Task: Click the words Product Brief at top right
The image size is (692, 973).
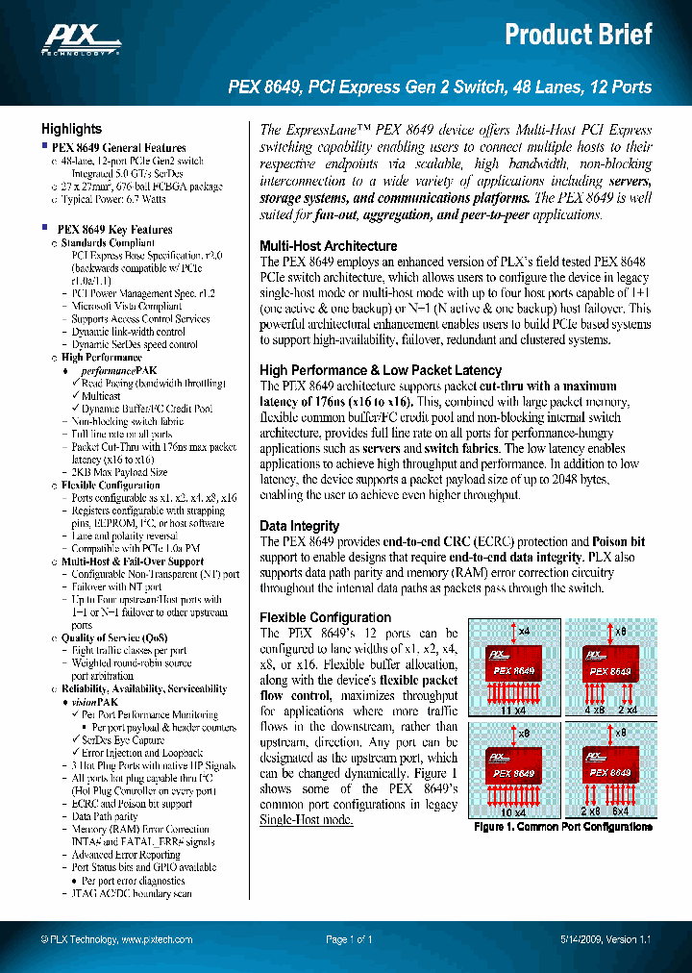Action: tap(579, 35)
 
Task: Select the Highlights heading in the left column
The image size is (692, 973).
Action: tap(71, 129)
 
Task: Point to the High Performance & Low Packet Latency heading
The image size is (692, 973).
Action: tap(381, 370)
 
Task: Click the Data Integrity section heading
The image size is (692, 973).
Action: tap(299, 526)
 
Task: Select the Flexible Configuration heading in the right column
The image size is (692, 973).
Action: tap(325, 617)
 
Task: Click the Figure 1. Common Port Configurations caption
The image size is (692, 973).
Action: tap(563, 827)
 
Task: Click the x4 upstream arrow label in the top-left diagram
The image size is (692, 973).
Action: tap(524, 631)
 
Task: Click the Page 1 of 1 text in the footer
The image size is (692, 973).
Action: tap(349, 939)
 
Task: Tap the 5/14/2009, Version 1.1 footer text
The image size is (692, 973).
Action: tap(605, 939)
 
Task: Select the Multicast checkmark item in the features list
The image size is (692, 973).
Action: tap(100, 396)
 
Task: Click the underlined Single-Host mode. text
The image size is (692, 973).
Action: tap(307, 819)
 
